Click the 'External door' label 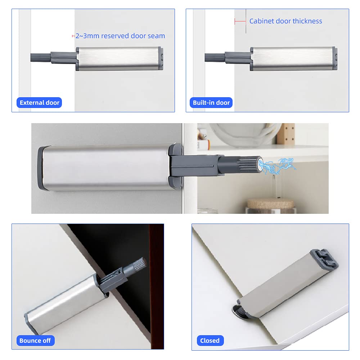(x=39, y=102)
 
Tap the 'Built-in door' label (x=211, y=102)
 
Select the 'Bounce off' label (x=35, y=341)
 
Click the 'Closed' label (x=210, y=341)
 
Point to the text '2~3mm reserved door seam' (x=120, y=36)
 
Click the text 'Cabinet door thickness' (x=285, y=21)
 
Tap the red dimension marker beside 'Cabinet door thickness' (x=240, y=21)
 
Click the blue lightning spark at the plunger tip (x=277, y=166)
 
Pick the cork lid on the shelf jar (x=270, y=203)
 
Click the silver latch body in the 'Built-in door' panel (x=293, y=58)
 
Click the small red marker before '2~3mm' (x=73, y=36)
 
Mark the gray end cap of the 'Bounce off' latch (x=31, y=323)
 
